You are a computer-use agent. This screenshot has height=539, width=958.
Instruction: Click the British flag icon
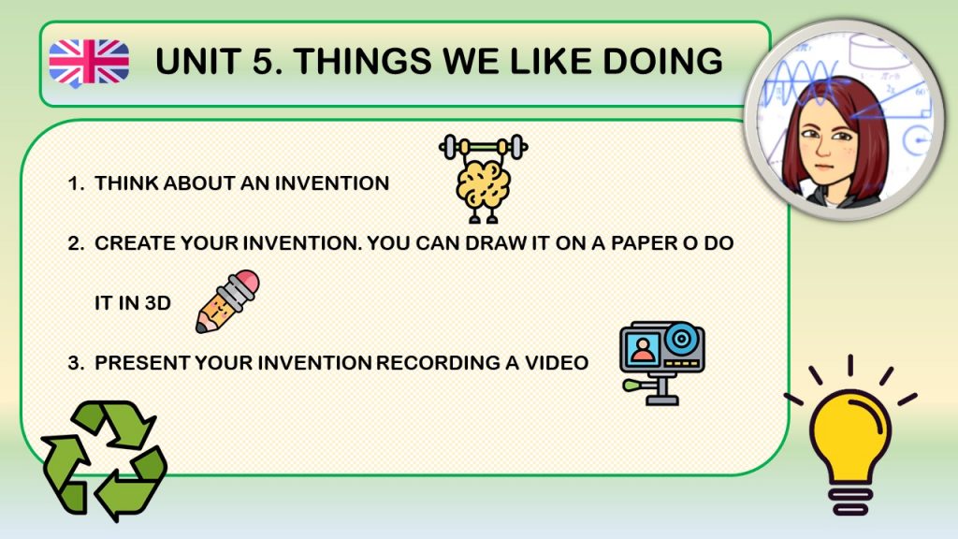pyautogui.click(x=89, y=63)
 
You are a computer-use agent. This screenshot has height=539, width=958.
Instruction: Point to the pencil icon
pyautogui.click(x=227, y=301)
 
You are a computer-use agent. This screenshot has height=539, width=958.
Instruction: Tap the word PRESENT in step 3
pyautogui.click(x=142, y=363)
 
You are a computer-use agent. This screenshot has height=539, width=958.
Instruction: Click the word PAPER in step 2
pyautogui.click(x=646, y=243)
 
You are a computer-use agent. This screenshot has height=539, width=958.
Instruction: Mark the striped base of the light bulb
pyautogui.click(x=850, y=499)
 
